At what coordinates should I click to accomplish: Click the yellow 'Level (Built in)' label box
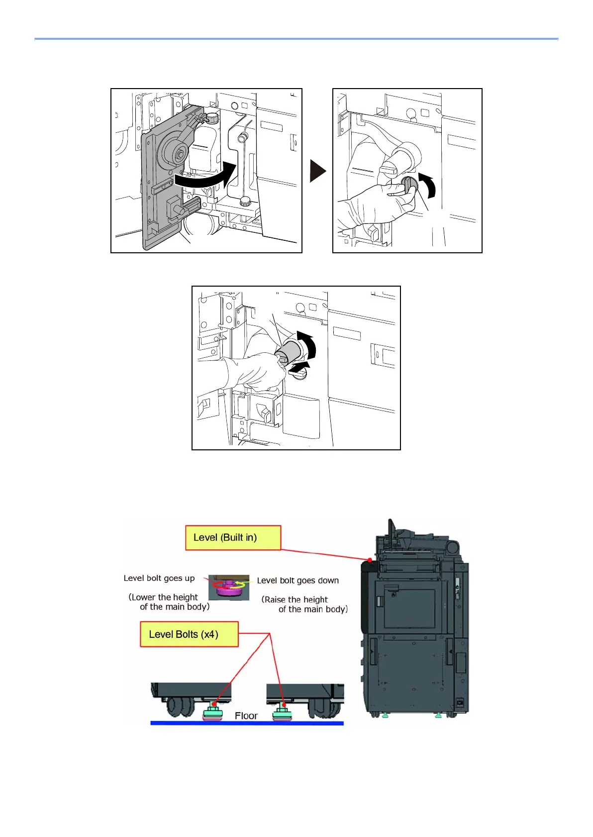[x=233, y=537]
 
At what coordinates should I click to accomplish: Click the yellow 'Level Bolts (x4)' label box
[x=189, y=634]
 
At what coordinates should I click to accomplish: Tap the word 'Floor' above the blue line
[x=246, y=716]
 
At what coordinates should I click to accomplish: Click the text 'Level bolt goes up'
[x=159, y=578]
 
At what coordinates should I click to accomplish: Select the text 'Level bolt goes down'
[x=297, y=581]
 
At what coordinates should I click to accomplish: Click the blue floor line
[x=247, y=723]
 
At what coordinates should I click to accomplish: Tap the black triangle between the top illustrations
[x=317, y=171]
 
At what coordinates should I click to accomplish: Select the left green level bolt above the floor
[x=213, y=713]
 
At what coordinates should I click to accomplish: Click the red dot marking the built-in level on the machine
[x=370, y=560]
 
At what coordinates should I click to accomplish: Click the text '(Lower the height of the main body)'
[x=169, y=602]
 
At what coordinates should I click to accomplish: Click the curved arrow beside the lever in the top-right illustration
[x=428, y=185]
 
